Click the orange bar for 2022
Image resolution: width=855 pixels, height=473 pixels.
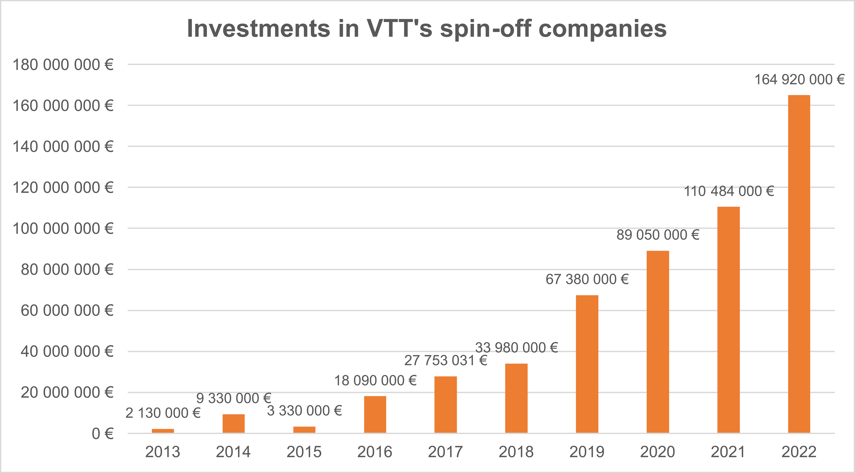(799, 264)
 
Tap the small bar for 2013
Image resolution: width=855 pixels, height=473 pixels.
(163, 431)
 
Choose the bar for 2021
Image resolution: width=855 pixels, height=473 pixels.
(729, 320)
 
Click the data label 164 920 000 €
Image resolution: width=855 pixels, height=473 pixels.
(799, 80)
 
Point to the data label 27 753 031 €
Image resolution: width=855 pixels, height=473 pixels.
(445, 361)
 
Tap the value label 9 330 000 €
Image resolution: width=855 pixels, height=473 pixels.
(234, 398)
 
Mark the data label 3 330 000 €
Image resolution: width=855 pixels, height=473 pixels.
(304, 411)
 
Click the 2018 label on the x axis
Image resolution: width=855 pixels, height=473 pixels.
(516, 452)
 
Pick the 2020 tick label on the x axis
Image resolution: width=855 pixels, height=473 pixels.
(658, 452)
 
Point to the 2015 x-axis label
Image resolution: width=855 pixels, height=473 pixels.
(304, 452)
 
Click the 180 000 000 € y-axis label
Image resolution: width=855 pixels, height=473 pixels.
(63, 65)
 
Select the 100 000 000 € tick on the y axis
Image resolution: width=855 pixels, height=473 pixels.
(63, 229)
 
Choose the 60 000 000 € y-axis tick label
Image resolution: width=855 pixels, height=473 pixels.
(67, 311)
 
